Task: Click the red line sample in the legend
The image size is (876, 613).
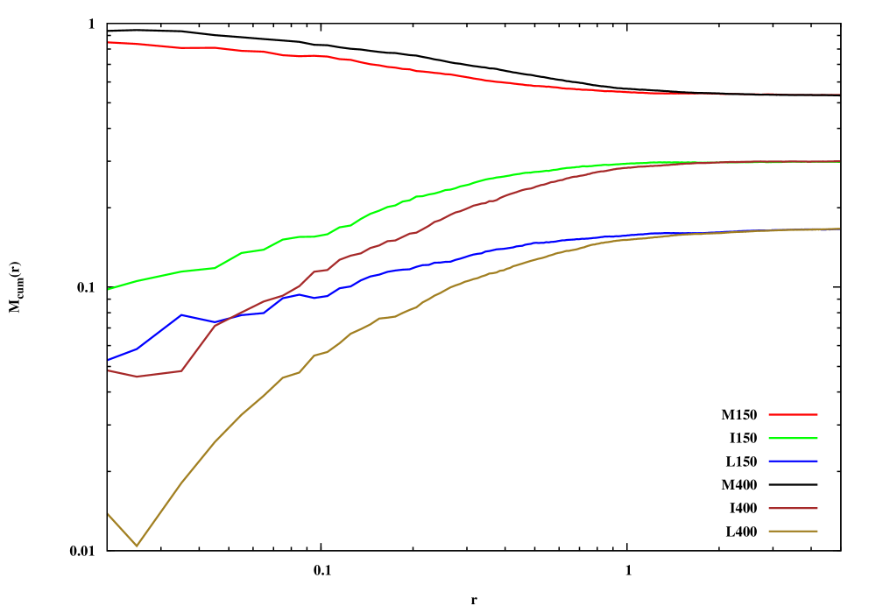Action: (793, 414)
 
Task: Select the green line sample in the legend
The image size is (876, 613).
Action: (793, 438)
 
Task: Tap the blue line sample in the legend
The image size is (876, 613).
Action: (793, 461)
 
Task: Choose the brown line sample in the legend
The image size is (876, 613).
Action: (793, 508)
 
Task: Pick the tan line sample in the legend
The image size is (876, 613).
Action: (793, 531)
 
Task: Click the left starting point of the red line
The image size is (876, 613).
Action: (108, 42)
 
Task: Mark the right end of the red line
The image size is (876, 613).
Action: (840, 94)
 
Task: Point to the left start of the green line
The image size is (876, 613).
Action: (108, 289)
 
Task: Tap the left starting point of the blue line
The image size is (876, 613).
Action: (108, 359)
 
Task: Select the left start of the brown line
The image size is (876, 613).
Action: (108, 370)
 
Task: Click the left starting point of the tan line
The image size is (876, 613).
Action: (108, 513)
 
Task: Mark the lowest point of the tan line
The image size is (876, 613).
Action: (137, 546)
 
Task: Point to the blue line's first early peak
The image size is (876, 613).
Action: (181, 314)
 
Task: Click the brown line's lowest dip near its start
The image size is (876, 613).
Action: (137, 377)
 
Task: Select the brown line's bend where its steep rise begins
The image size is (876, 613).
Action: (181, 370)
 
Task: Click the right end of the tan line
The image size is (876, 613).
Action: (840, 229)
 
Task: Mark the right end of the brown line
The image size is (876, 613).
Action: (840, 161)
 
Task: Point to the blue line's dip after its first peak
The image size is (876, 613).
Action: (215, 322)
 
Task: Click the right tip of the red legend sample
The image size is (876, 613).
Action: (817, 414)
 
